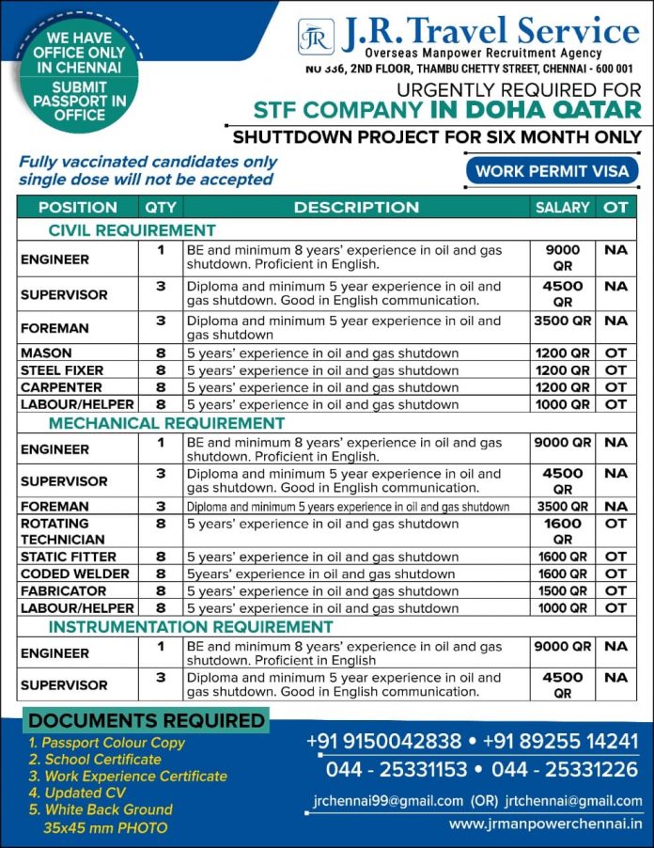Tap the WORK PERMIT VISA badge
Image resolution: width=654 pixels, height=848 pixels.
coord(552,171)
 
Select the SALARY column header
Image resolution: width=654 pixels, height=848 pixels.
coord(562,207)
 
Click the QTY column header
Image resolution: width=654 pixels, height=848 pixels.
coord(161,207)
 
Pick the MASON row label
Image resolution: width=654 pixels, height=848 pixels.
coord(46,353)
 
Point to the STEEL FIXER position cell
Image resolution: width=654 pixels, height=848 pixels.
coord(62,370)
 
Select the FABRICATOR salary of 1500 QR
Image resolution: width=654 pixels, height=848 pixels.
coord(562,591)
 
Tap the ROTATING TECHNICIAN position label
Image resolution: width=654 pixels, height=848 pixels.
coord(62,531)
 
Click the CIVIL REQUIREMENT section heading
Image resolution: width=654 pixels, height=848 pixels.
coord(132,229)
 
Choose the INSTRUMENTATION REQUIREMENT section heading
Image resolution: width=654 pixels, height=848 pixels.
coord(191,626)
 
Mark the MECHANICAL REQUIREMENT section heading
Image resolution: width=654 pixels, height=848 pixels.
coord(166,423)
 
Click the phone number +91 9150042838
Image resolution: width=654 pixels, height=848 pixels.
coord(384,741)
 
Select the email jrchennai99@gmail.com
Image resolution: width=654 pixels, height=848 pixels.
coord(388,801)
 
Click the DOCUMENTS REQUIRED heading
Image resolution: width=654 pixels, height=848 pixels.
coord(147,721)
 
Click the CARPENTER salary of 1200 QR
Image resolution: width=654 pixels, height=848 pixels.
coord(562,387)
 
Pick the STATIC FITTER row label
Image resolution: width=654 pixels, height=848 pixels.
coord(68,557)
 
